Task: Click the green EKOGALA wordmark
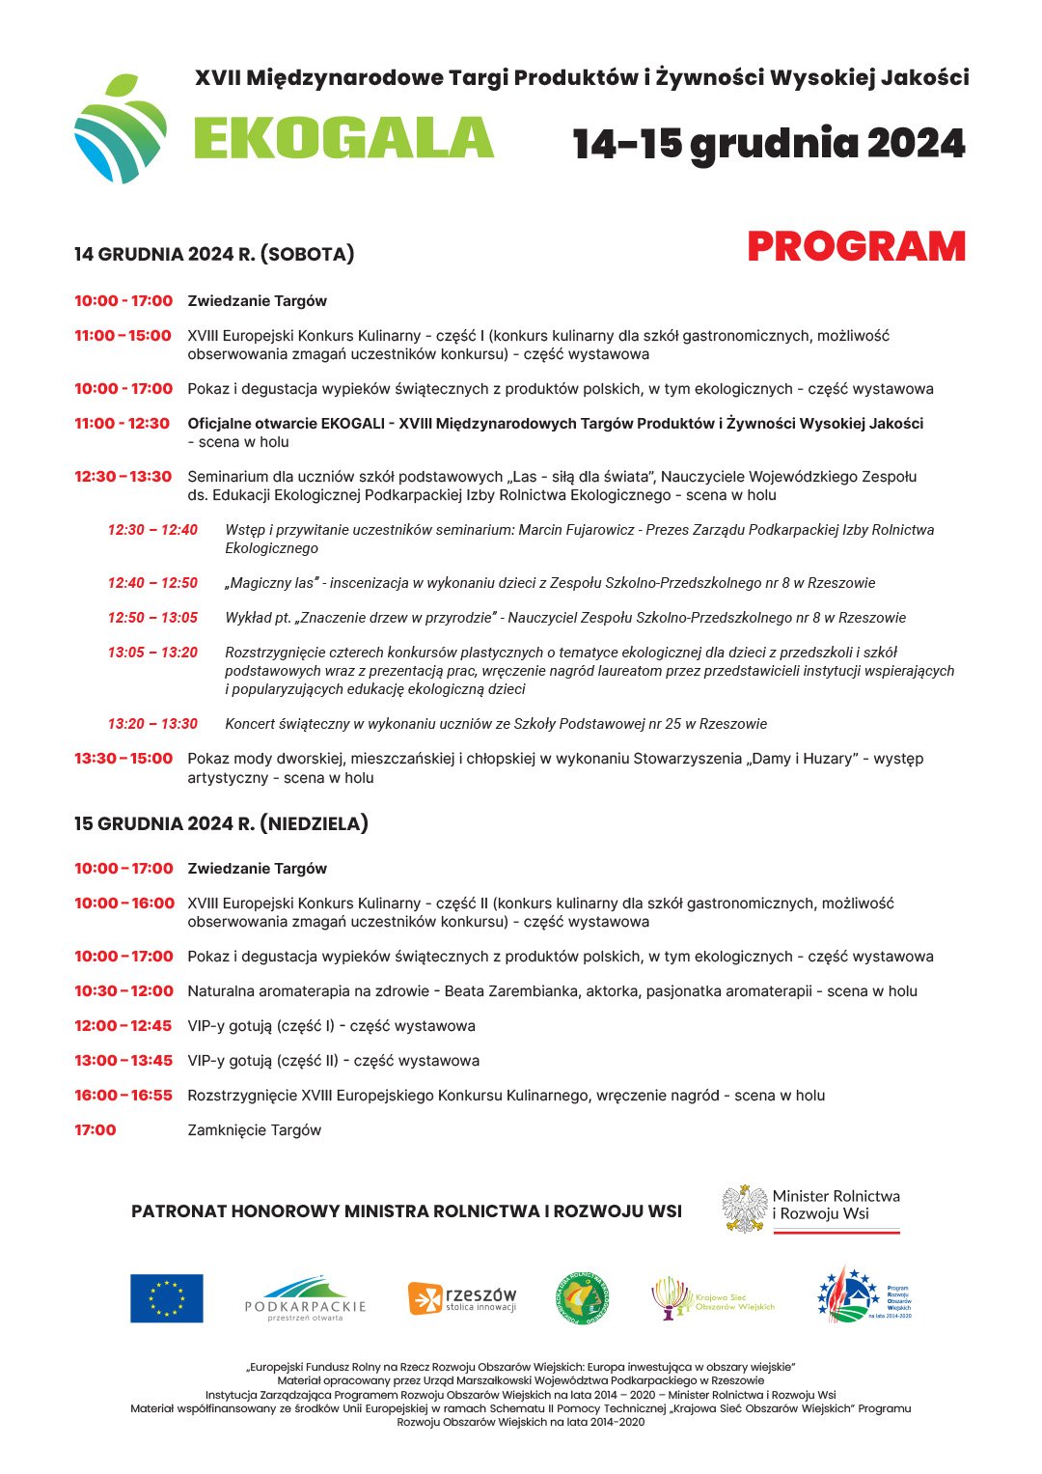coord(343,138)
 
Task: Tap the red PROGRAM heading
coord(856,247)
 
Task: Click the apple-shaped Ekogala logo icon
coord(120,128)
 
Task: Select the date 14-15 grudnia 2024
coord(768,144)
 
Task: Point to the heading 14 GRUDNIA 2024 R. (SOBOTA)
coord(214,255)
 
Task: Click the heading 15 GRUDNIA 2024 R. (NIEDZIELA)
coord(221,823)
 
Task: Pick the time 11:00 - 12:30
coord(122,424)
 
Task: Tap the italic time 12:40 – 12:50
coord(152,583)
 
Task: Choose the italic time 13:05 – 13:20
coord(152,653)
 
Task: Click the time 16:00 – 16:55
coord(123,1096)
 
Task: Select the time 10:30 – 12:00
coord(123,991)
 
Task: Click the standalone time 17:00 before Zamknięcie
coord(95,1130)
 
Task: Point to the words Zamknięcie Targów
coord(254,1130)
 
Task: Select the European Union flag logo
coord(167,1298)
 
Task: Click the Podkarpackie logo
coord(305,1298)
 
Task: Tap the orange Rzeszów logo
coord(462,1298)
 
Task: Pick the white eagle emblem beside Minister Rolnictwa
coord(745,1210)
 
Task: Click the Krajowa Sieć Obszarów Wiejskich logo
coord(713,1298)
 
